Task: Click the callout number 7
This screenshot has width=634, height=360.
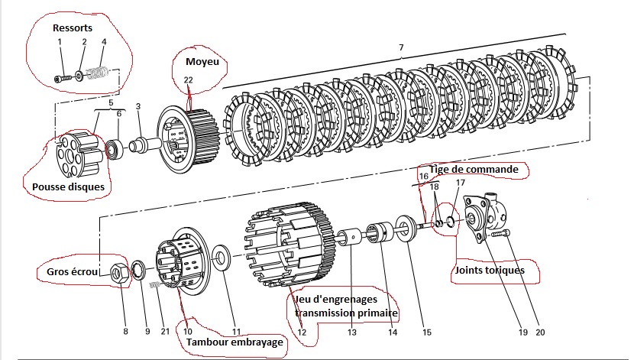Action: click(x=400, y=48)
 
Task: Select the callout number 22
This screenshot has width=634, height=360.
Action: click(x=188, y=79)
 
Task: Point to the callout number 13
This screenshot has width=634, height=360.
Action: click(x=351, y=332)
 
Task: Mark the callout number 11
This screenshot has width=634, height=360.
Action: click(x=237, y=332)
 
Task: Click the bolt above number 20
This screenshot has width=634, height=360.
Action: click(x=500, y=235)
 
